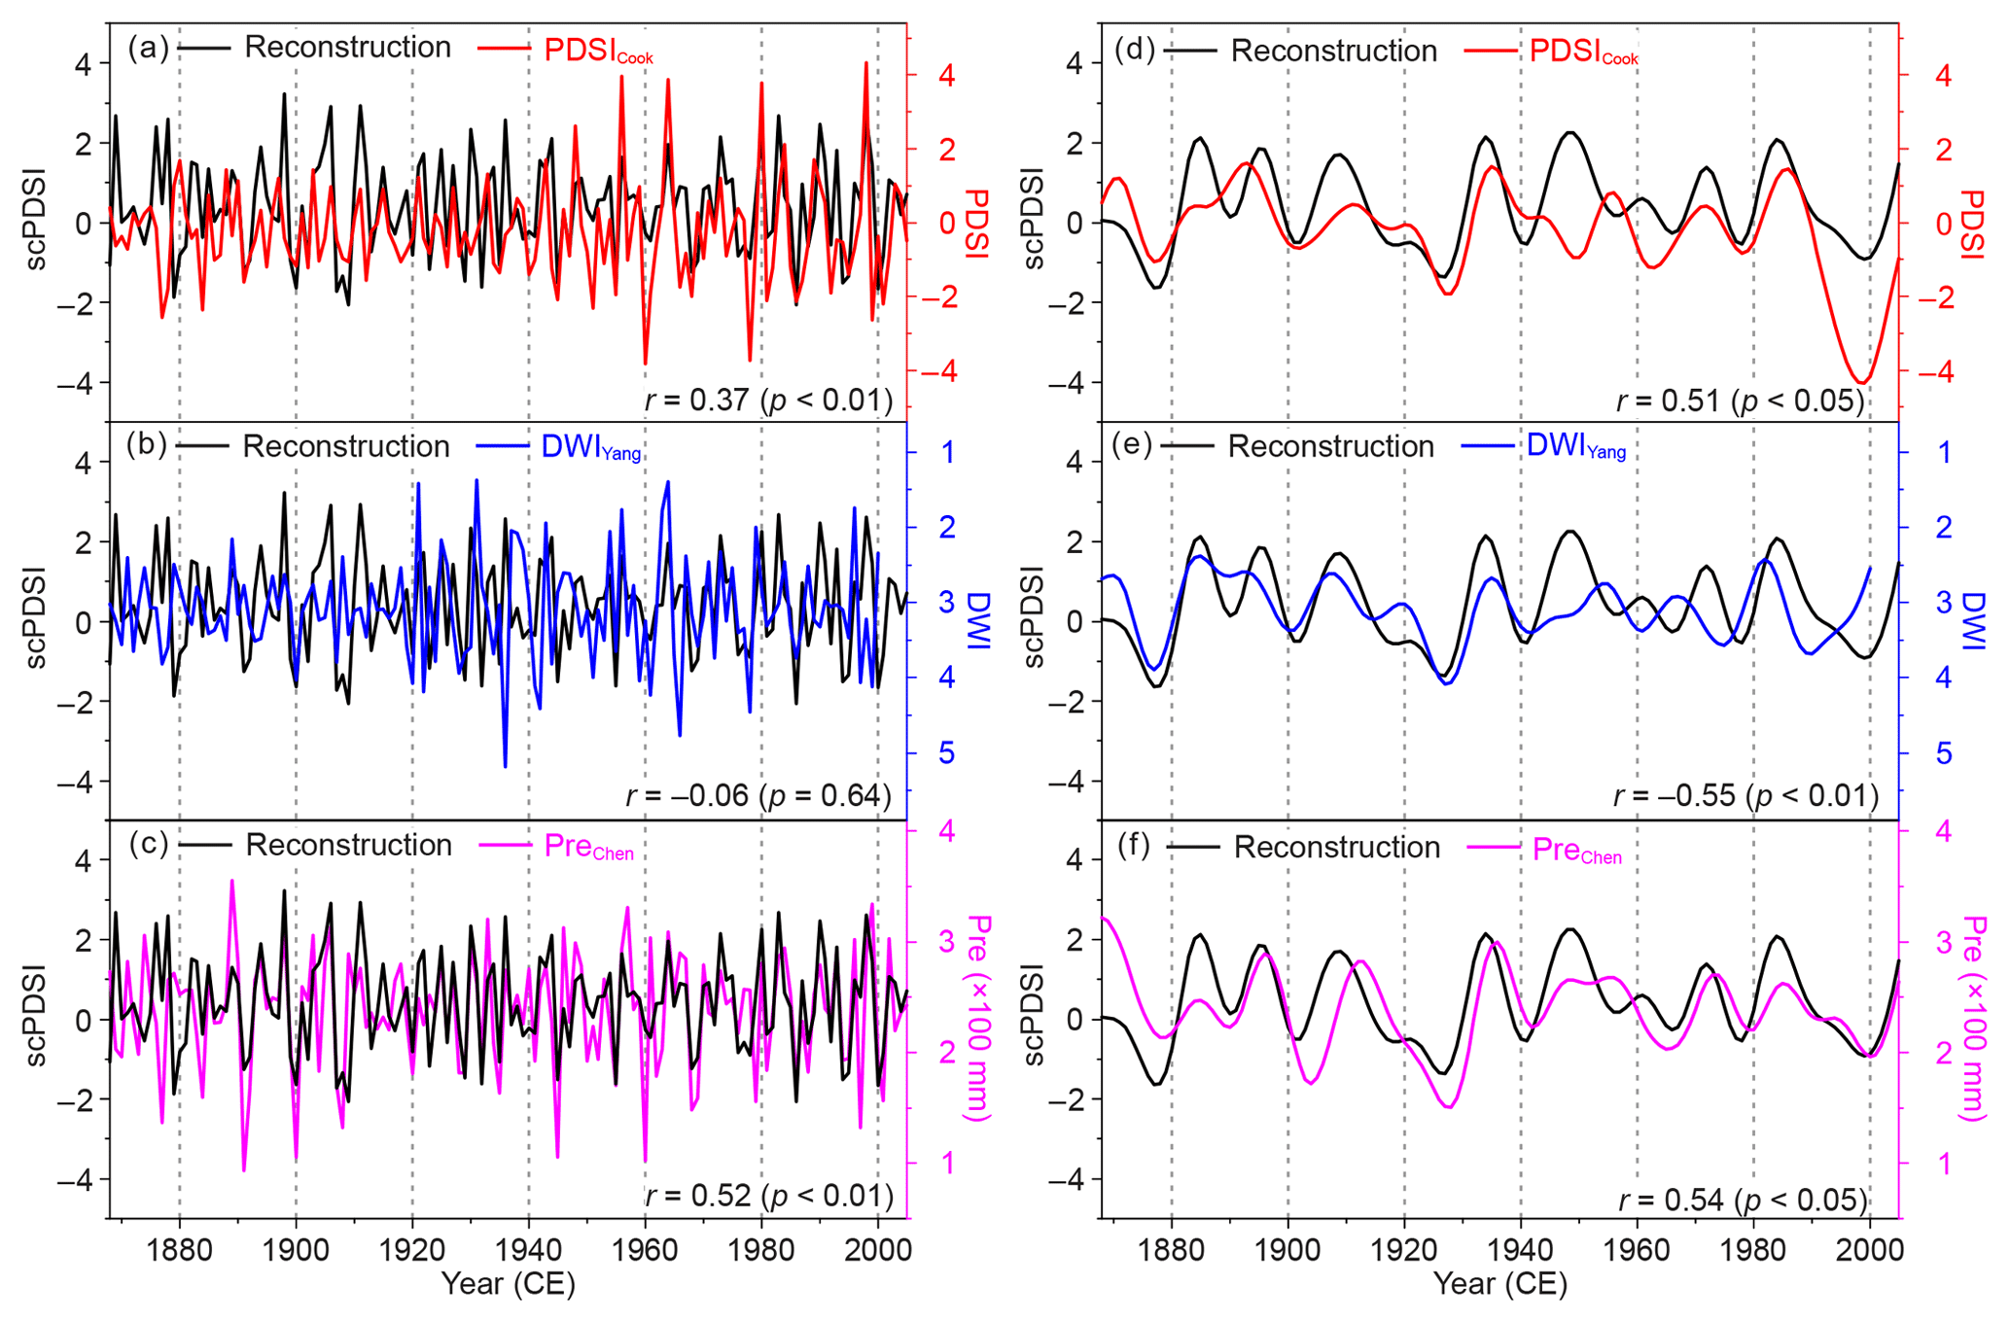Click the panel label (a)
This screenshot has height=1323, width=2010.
[x=148, y=48]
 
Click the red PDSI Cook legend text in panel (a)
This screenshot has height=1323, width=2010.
[x=597, y=51]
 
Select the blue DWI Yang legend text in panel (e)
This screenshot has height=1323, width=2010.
[x=1575, y=446]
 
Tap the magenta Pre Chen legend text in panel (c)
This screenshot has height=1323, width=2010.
[x=588, y=847]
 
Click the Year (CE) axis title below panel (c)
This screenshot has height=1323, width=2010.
[x=509, y=1284]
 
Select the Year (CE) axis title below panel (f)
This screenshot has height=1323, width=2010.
[x=1500, y=1284]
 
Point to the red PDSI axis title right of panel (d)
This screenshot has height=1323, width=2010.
[x=1971, y=224]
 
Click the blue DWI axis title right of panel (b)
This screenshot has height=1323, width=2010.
[x=978, y=621]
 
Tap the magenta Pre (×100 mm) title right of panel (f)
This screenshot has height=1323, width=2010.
[x=1971, y=1018]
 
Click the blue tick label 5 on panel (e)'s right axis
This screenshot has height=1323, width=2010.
[x=1943, y=753]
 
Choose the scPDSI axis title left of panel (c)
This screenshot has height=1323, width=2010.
[x=36, y=1018]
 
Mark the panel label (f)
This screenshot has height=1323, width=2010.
[x=1134, y=846]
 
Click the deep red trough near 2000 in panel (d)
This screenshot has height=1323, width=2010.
[x=1861, y=381]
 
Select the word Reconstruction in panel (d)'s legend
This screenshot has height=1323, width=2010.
[x=1333, y=52]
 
